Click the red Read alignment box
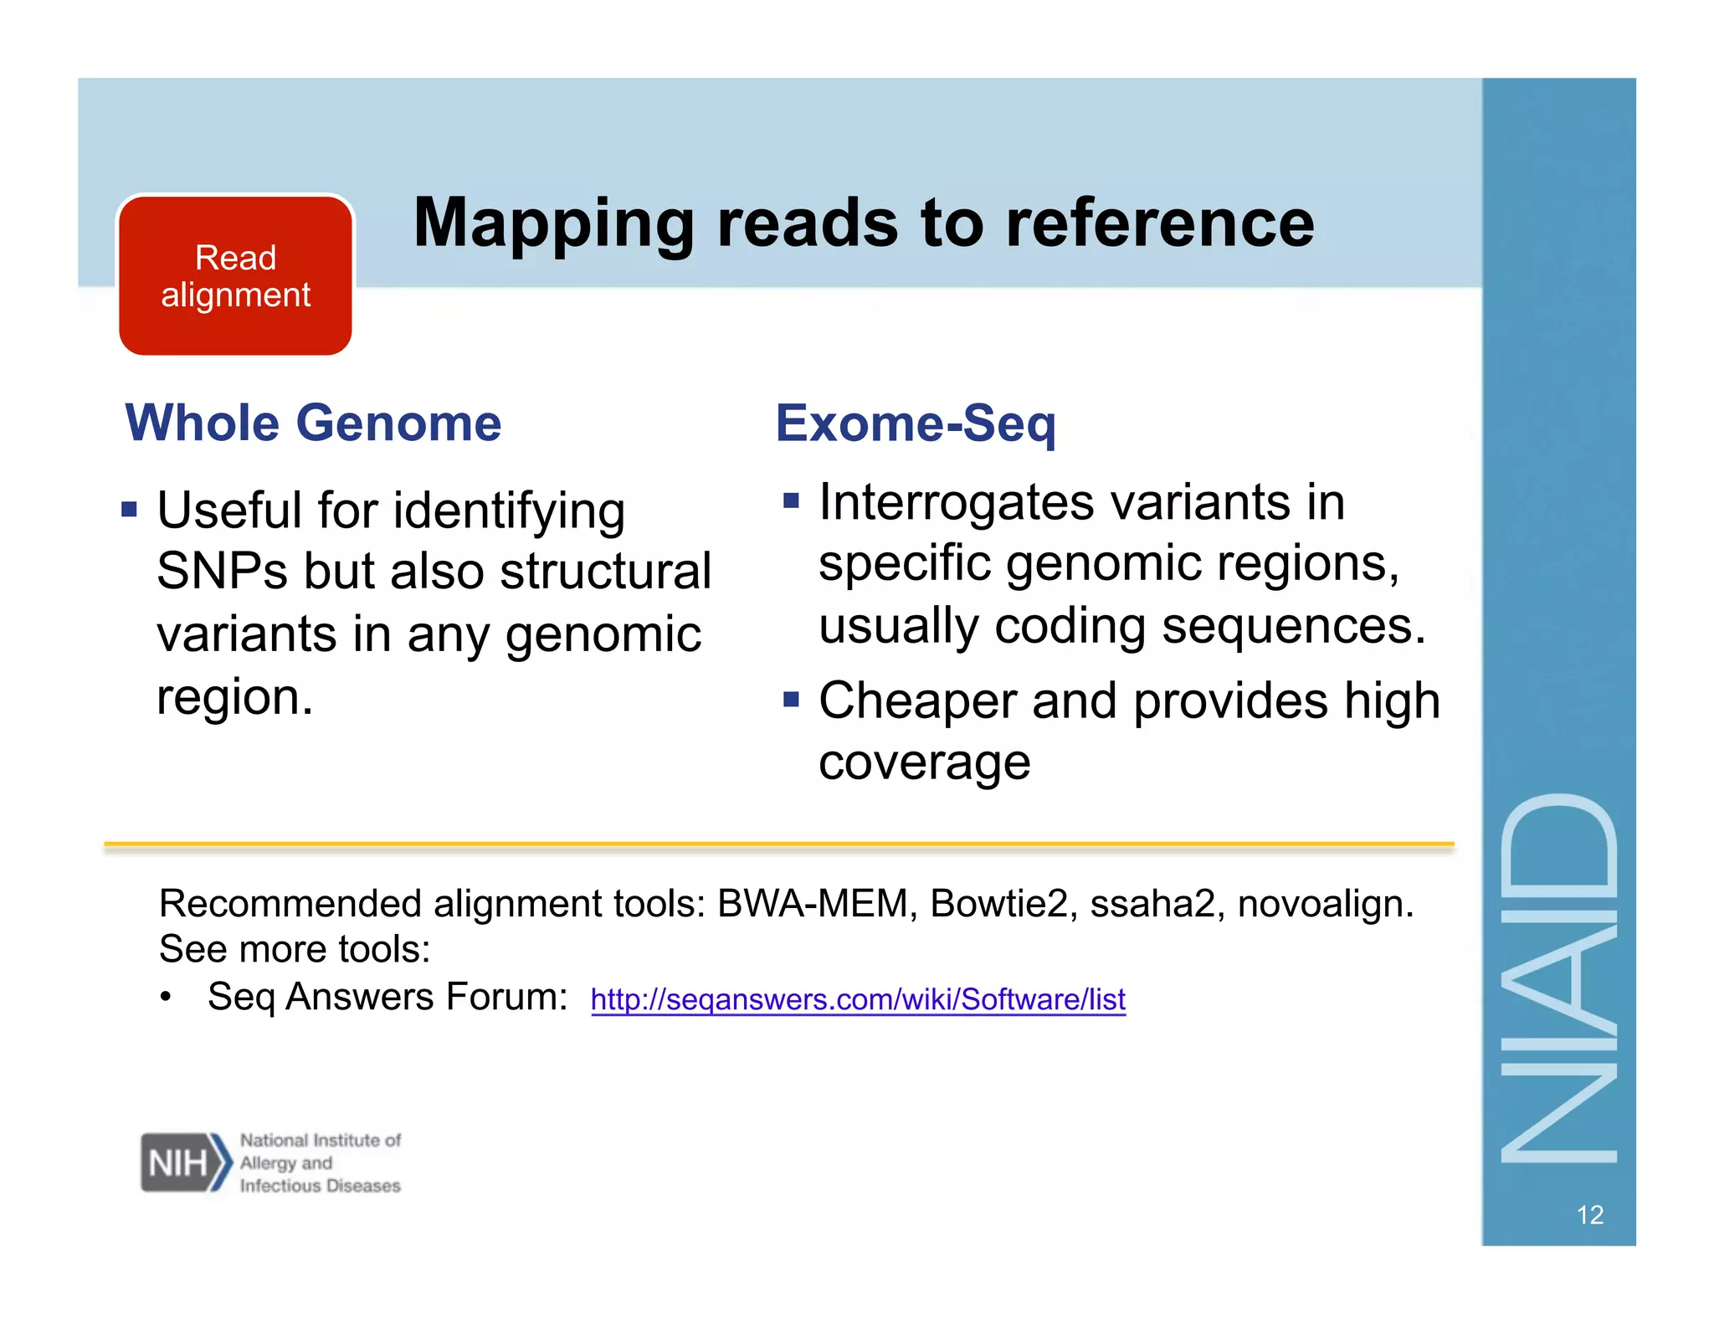point(235,276)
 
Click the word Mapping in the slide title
point(553,224)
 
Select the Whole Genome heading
point(313,423)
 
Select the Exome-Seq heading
point(915,423)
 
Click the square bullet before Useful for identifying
point(129,509)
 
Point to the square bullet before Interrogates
point(791,500)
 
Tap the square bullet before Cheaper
point(791,698)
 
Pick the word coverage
point(924,762)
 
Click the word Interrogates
point(956,502)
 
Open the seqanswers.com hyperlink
point(858,999)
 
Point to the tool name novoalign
point(1324,904)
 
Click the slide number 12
point(1589,1214)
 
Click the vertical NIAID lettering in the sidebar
point(1558,979)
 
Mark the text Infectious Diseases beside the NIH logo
point(320,1186)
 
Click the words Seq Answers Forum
point(387,997)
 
